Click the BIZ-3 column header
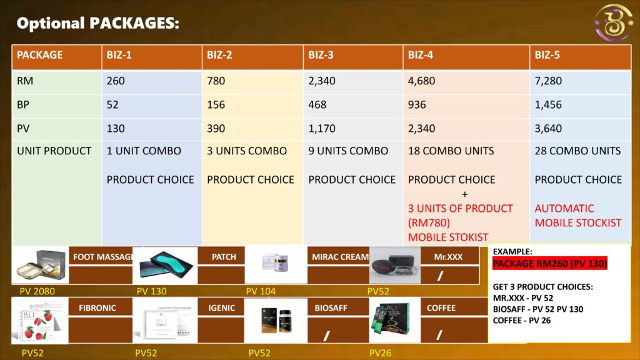tap(321, 55)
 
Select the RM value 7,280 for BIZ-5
tap(548, 81)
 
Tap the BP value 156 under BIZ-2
tap(216, 105)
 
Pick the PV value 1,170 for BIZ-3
tap(322, 129)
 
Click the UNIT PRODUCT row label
tap(54, 151)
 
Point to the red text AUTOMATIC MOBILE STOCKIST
tap(578, 216)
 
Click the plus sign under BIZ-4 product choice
tap(464, 194)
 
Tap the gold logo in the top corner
tap(614, 22)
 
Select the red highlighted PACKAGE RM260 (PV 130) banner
tap(550, 264)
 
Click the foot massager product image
tap(41, 265)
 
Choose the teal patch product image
tap(165, 265)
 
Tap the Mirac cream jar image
tap(276, 263)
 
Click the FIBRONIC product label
tap(97, 308)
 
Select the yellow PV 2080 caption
tap(37, 291)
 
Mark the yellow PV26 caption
tap(380, 353)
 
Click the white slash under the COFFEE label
tap(439, 335)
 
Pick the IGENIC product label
tap(222, 308)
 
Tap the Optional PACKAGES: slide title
tap(98, 23)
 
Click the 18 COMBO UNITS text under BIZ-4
tap(451, 151)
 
